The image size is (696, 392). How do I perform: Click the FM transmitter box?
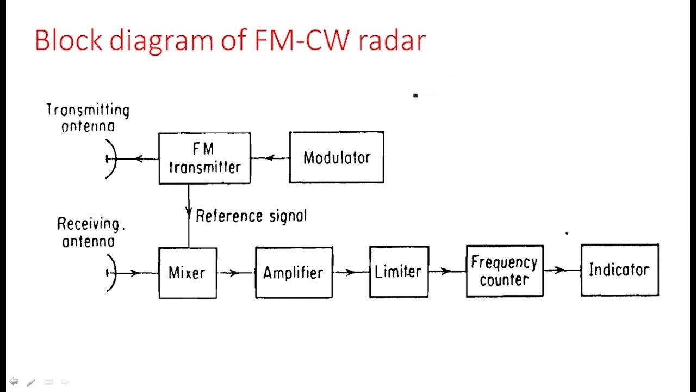tap(204, 158)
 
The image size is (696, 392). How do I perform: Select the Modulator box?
tap(337, 157)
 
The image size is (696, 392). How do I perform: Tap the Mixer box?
tap(188, 273)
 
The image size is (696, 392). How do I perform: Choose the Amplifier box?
tap(294, 273)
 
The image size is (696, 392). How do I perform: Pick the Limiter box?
tap(399, 272)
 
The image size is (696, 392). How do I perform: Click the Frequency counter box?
tap(505, 271)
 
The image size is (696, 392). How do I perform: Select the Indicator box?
tap(619, 270)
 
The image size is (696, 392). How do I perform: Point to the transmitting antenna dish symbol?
tap(111, 159)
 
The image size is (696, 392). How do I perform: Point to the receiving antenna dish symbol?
tap(111, 273)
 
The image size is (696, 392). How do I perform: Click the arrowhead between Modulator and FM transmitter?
tap(270, 158)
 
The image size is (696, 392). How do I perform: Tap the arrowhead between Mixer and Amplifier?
tap(234, 273)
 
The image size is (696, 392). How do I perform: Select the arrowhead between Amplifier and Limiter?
tap(350, 273)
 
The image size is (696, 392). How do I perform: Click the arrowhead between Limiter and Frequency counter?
tap(446, 271)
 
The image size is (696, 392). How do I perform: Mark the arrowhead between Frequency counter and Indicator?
tap(560, 270)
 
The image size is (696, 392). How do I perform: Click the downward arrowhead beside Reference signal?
tap(189, 212)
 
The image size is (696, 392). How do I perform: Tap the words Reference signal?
tap(251, 216)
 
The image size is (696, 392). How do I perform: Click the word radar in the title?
tap(392, 40)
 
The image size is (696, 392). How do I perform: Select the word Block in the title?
tap(69, 40)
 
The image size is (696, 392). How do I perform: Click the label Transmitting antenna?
tap(88, 118)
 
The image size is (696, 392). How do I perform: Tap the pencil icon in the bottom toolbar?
tap(31, 382)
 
